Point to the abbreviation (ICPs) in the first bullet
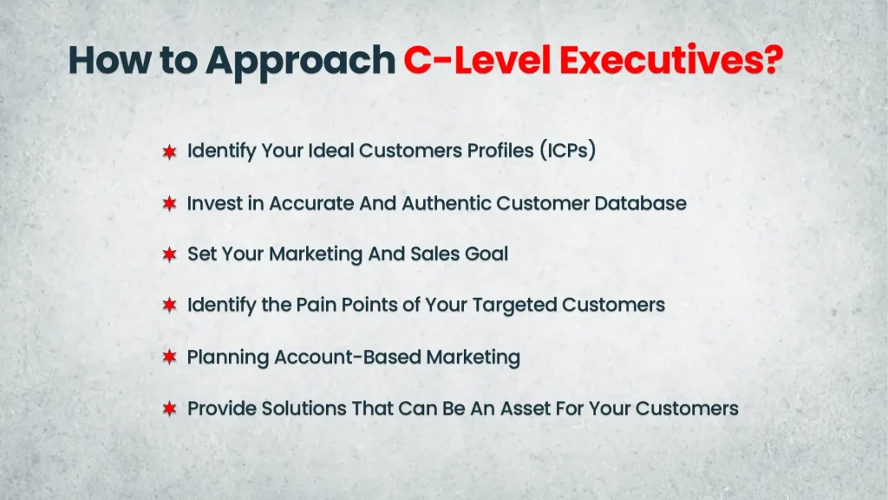(x=567, y=150)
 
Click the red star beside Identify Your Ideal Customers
(x=170, y=152)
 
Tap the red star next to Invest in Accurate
(x=170, y=204)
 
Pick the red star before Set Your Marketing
(x=170, y=255)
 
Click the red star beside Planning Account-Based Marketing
(x=170, y=358)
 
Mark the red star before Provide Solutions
(x=170, y=409)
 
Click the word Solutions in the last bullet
(x=289, y=408)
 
